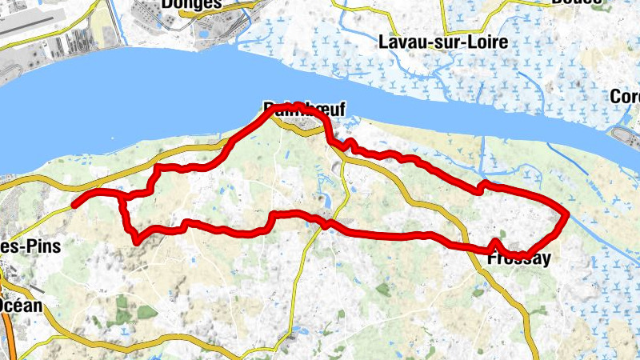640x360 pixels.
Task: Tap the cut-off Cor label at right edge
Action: pyautogui.click(x=625, y=97)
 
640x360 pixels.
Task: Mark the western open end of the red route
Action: pyautogui.click(x=74, y=205)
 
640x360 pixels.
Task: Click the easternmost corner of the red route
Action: pyautogui.click(x=566, y=214)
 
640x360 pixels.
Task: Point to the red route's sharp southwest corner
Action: pyautogui.click(x=137, y=240)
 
